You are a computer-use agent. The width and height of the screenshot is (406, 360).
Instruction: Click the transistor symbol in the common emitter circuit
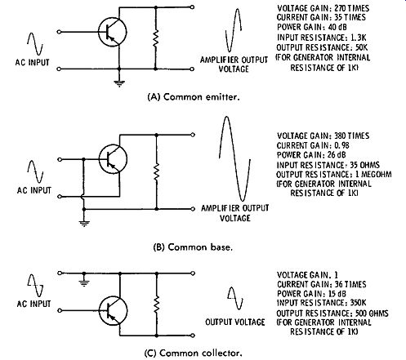pyautogui.click(x=113, y=32)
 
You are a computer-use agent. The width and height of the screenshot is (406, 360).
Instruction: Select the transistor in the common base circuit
pyautogui.click(x=113, y=159)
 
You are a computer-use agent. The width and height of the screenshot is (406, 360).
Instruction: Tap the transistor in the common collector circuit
pyautogui.click(x=113, y=310)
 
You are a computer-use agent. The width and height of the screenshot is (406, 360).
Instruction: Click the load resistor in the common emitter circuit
pyautogui.click(x=155, y=38)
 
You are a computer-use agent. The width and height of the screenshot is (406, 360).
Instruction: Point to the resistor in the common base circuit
pyautogui.click(x=156, y=172)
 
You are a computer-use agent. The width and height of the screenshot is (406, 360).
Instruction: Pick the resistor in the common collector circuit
pyautogui.click(x=156, y=304)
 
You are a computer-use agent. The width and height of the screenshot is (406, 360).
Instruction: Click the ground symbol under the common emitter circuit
pyautogui.click(x=119, y=83)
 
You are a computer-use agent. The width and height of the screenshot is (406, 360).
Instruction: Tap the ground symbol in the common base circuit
pyautogui.click(x=84, y=224)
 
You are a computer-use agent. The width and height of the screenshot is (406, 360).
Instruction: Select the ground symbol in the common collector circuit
pyautogui.click(x=84, y=282)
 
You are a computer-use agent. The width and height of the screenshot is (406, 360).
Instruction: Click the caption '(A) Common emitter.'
pyautogui.click(x=194, y=97)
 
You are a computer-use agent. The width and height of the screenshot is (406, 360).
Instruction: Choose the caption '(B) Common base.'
pyautogui.click(x=193, y=247)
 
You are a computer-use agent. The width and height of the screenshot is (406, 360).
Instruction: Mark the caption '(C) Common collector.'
pyautogui.click(x=193, y=353)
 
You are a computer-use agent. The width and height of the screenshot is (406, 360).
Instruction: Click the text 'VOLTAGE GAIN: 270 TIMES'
pyautogui.click(x=323, y=8)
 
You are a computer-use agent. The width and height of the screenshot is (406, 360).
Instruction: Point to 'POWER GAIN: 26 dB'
pyautogui.click(x=311, y=155)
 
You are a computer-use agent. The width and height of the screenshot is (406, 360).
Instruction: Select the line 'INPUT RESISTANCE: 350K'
pyautogui.click(x=321, y=303)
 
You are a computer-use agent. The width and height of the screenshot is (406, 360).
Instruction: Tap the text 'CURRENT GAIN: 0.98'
pyautogui.click(x=313, y=145)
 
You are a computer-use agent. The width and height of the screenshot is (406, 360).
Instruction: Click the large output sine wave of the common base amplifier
pyautogui.click(x=234, y=158)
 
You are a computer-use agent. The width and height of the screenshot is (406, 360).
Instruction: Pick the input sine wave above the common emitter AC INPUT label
pyautogui.click(x=35, y=44)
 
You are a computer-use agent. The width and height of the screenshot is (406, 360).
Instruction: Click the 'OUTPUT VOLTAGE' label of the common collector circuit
pyautogui.click(x=235, y=322)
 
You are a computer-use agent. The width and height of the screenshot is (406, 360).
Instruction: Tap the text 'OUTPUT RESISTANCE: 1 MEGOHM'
pyautogui.click(x=334, y=175)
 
